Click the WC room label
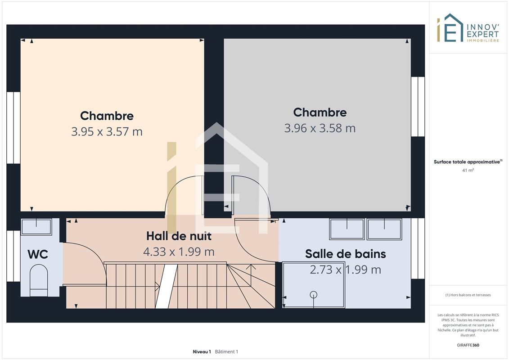[x=38, y=254]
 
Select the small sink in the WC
[x=36, y=227]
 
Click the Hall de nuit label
[x=179, y=236]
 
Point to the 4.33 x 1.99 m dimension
[x=179, y=252]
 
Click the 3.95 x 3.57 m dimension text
[x=107, y=131]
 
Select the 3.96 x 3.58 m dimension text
[x=320, y=128]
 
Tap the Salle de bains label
[x=345, y=254]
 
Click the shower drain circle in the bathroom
[x=314, y=295]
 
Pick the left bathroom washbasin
[x=347, y=229]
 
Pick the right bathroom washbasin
[x=384, y=229]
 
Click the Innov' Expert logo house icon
[x=450, y=28]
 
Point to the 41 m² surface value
[x=468, y=170]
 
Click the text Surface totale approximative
[x=467, y=162]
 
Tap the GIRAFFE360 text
[x=468, y=345]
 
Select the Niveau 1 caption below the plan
[x=202, y=351]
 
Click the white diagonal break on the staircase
[x=166, y=286]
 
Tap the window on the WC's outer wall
[x=14, y=256]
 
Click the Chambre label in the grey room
[x=320, y=112]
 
